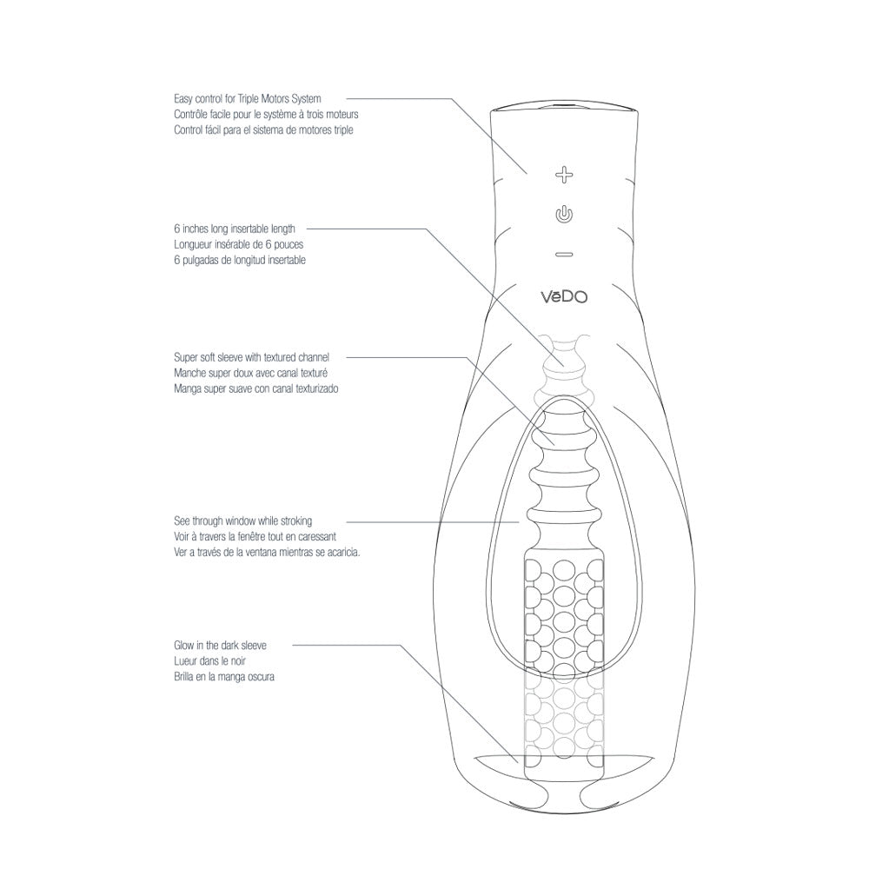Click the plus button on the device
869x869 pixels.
[x=565, y=175]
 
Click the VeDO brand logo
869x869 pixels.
[x=565, y=296]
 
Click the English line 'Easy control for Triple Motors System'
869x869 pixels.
[x=247, y=100]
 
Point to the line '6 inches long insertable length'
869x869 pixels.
[x=234, y=229]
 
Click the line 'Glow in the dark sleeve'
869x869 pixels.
[x=220, y=646]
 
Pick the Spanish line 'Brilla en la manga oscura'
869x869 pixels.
[x=224, y=677]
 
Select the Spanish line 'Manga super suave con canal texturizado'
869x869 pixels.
[x=255, y=388]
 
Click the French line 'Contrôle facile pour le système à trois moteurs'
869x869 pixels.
[x=266, y=115]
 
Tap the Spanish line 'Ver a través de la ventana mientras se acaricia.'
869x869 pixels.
[x=267, y=552]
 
